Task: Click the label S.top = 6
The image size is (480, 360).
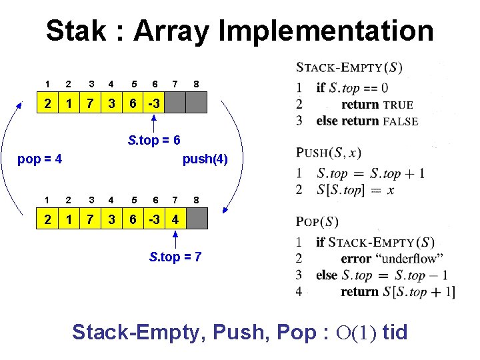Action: [x=154, y=141]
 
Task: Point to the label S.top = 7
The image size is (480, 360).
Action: [x=175, y=257]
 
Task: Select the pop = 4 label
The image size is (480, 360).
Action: [x=40, y=159]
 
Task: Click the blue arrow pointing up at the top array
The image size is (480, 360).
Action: [x=154, y=123]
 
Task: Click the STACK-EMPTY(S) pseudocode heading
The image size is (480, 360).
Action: [x=349, y=67]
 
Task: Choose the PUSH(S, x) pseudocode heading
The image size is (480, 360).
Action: [x=329, y=153]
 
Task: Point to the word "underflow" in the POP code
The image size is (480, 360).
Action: [x=411, y=259]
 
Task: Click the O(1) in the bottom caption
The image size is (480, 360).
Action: [x=357, y=332]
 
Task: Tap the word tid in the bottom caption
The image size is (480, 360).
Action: [x=395, y=332]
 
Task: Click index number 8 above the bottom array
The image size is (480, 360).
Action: [x=196, y=199]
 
